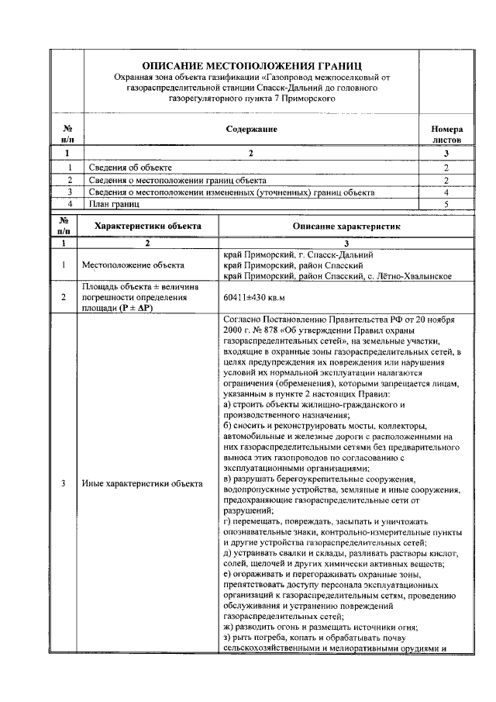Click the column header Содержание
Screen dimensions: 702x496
click(252, 129)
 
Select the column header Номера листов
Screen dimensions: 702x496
click(447, 134)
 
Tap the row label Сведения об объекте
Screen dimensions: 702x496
click(130, 168)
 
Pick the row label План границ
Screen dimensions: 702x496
click(114, 203)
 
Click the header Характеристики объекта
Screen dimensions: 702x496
click(147, 226)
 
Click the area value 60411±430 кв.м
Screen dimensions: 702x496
click(254, 296)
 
